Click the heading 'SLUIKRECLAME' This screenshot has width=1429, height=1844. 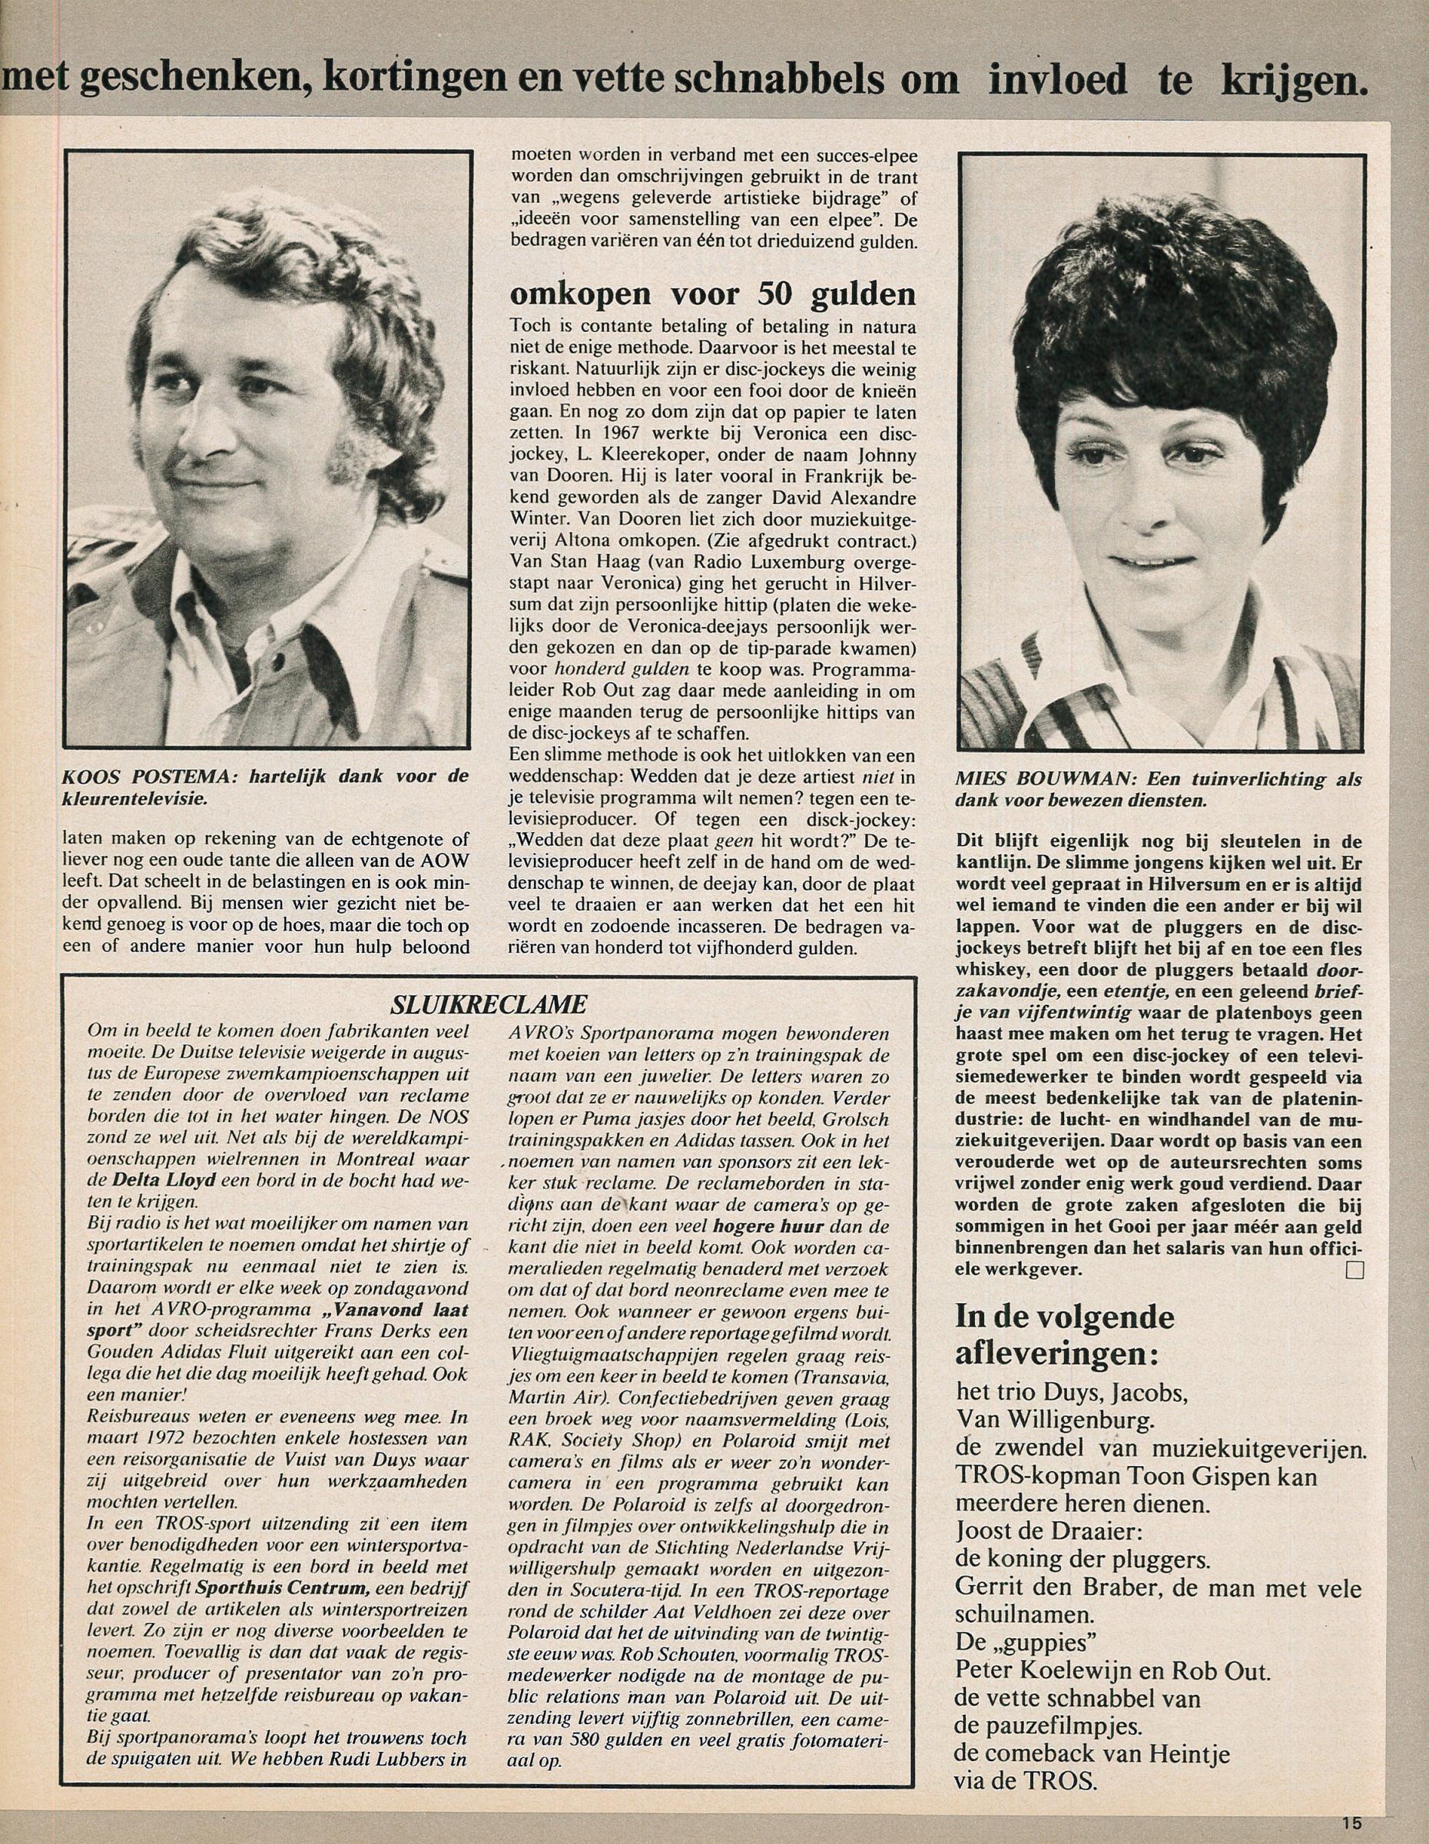click(x=489, y=1004)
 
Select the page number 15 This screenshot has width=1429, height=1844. click(x=1351, y=1822)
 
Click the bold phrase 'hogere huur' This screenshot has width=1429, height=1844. click(x=763, y=1226)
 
